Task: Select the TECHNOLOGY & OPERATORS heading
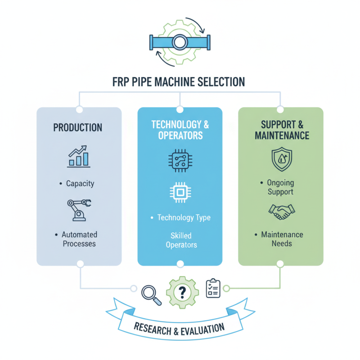coord(180,130)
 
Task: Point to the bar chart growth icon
coord(79,156)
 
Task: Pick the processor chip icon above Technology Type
coord(180,193)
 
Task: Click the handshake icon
coord(281,211)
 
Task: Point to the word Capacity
coord(80,184)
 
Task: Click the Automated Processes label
coord(80,239)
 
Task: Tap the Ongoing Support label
coord(280,188)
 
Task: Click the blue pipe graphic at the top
coord(180,43)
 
